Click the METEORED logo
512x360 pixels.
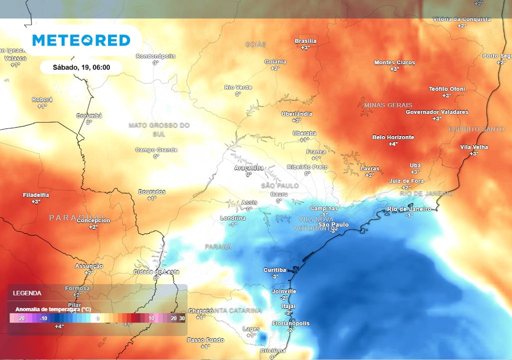[81, 40]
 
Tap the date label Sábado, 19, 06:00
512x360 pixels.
[81, 67]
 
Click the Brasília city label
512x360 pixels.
[305, 41]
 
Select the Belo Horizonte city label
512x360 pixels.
[393, 137]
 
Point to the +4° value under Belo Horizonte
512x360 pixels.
[393, 144]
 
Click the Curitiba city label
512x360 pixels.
[274, 270]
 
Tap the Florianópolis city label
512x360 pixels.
[290, 323]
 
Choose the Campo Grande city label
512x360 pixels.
[156, 150]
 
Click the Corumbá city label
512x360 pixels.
[89, 115]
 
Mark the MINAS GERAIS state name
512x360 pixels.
[388, 105]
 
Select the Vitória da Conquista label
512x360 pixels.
[461, 19]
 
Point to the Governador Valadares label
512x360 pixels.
[436, 112]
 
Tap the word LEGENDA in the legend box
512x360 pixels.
[27, 293]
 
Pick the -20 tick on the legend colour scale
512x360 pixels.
[21, 318]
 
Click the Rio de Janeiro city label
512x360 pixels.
[408, 209]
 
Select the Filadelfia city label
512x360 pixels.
[36, 195]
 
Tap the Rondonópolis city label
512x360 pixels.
[155, 56]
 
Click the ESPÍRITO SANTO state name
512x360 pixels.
[476, 129]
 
